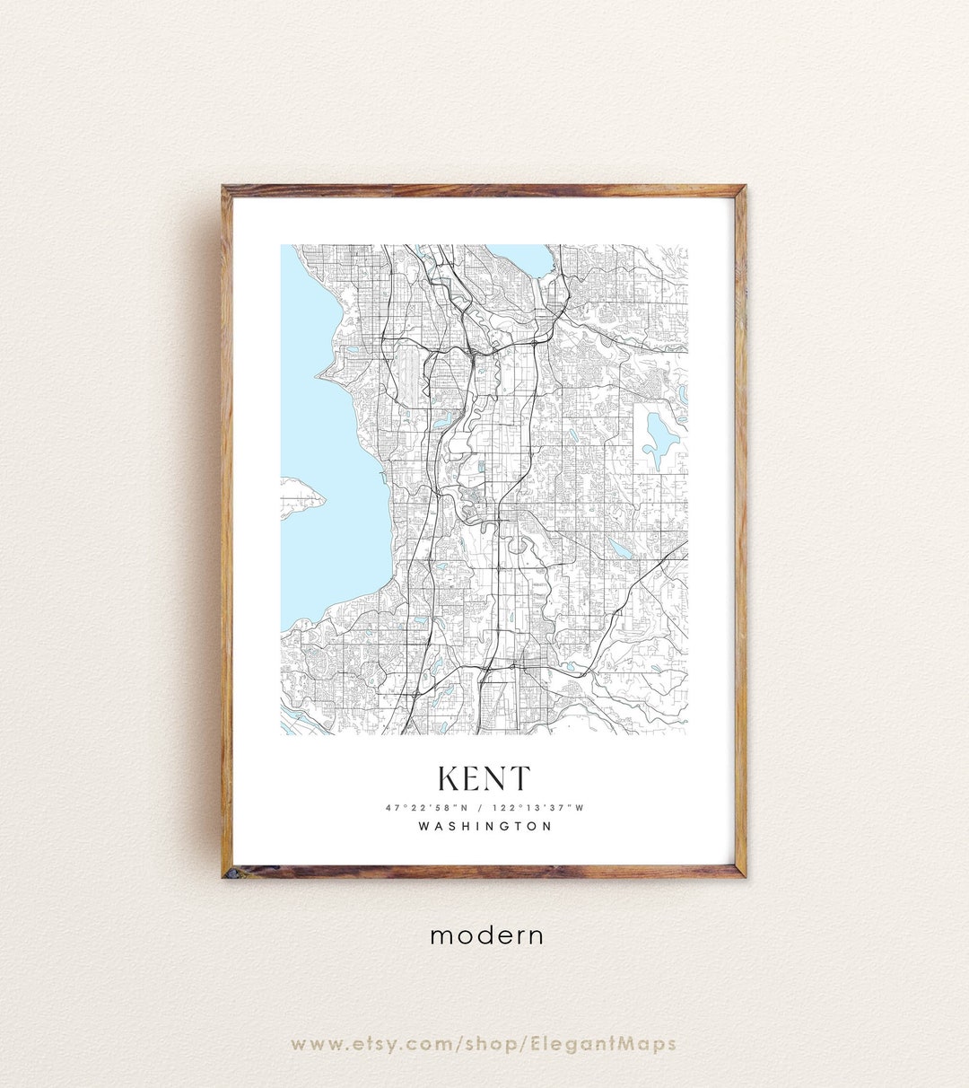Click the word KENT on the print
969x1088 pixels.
484,779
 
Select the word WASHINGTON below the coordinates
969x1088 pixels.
484,826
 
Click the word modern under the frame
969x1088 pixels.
486,935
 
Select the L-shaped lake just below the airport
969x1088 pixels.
443,419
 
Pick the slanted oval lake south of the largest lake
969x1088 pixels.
619,546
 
